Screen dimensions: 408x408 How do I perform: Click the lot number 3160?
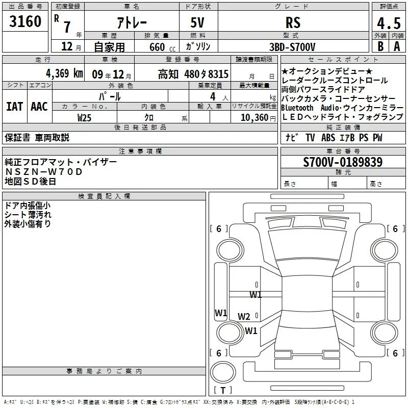click(25, 21)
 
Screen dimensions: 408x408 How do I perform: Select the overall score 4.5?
click(389, 23)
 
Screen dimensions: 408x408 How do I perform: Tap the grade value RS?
click(293, 22)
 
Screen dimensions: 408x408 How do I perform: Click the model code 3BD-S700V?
click(292, 47)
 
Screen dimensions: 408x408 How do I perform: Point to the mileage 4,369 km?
click(65, 73)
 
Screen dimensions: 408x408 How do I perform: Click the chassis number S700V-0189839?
click(343, 162)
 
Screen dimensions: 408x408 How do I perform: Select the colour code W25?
click(84, 118)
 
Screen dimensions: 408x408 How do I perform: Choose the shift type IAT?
click(15, 107)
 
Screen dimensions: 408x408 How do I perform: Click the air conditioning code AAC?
click(39, 107)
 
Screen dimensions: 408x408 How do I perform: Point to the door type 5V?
click(197, 22)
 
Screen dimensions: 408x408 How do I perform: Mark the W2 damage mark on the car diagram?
click(244, 316)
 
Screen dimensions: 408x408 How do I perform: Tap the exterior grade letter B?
click(380, 46)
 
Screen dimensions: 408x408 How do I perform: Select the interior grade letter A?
click(397, 46)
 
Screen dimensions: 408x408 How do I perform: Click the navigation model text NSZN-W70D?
click(44, 172)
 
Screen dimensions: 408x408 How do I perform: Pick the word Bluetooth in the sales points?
click(297, 108)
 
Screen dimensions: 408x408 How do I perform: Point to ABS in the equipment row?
click(328, 137)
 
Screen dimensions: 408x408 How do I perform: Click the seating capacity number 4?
click(213, 96)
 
